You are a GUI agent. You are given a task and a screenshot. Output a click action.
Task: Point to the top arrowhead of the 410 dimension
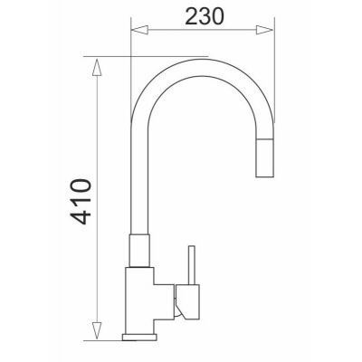point(95,63)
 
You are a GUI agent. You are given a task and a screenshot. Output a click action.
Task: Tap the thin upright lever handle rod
point(190,263)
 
